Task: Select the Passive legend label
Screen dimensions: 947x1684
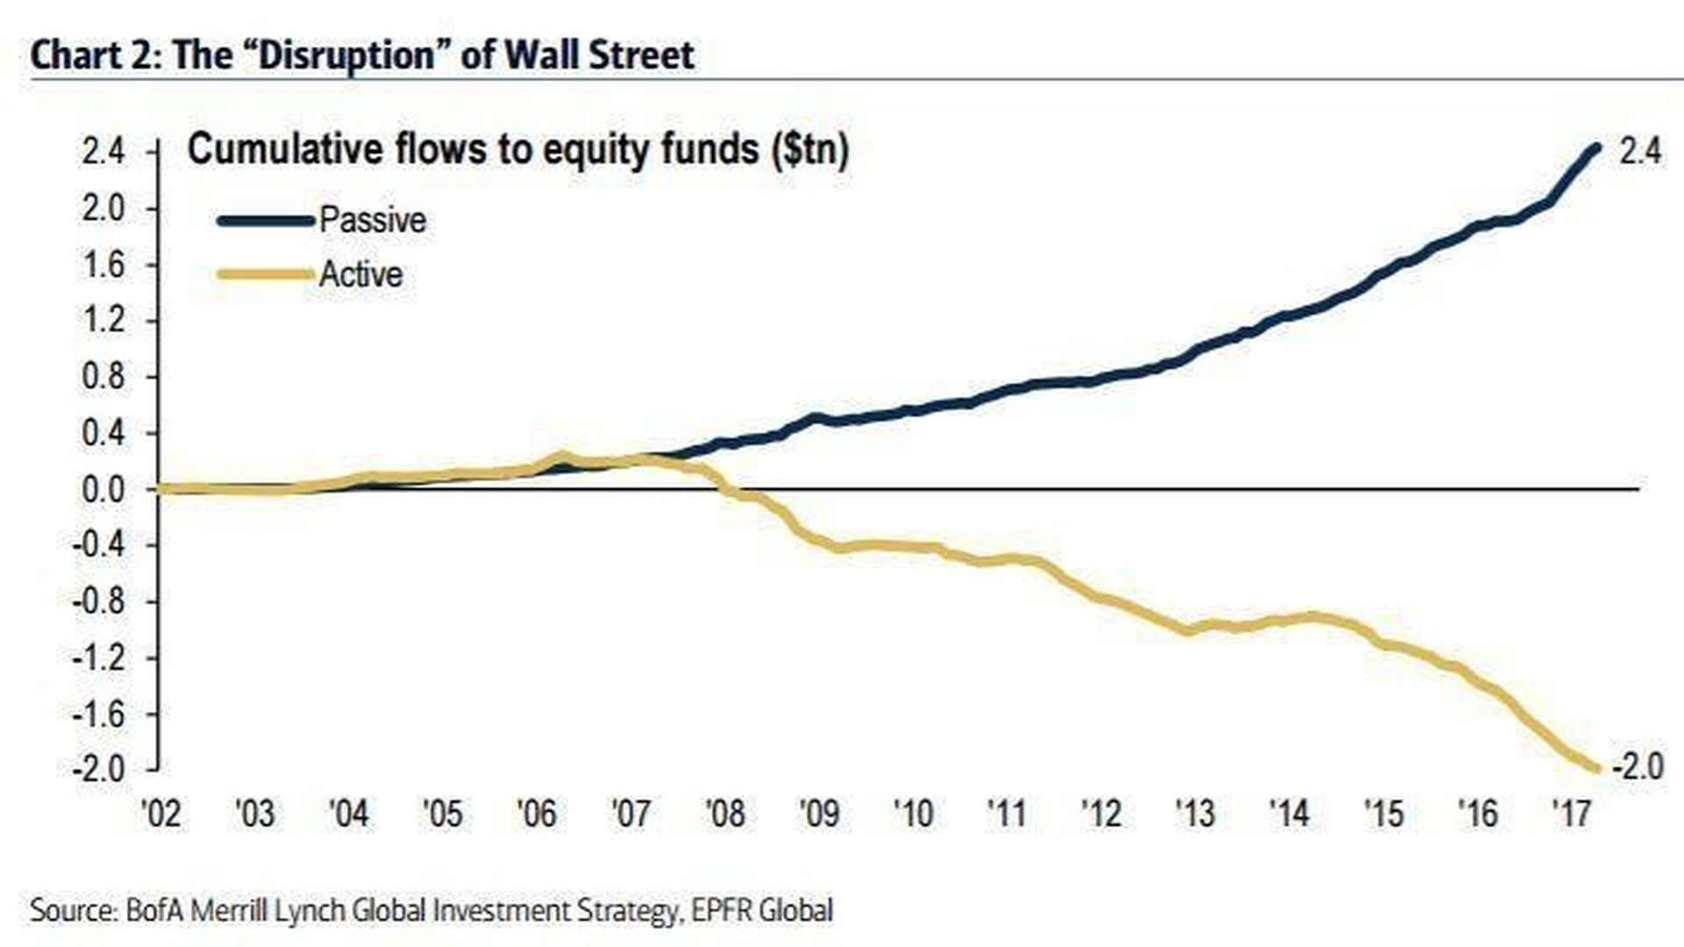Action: point(373,220)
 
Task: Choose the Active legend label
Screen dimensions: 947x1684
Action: point(360,274)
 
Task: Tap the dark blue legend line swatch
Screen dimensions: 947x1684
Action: point(265,221)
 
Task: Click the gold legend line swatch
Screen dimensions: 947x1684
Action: point(265,275)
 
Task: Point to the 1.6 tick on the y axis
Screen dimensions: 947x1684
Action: point(104,265)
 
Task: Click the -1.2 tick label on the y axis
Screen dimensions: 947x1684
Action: point(101,658)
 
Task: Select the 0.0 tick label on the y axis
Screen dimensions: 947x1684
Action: point(104,489)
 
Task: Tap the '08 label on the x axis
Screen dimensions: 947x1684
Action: point(724,814)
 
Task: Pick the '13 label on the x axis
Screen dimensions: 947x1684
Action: point(1195,814)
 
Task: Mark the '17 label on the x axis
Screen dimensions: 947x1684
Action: point(1571,814)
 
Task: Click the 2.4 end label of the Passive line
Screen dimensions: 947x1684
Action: point(1639,152)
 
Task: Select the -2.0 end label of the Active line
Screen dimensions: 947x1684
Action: point(1637,767)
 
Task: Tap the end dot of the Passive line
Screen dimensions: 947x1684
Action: point(1596,149)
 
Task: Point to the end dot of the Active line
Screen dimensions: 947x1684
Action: point(1596,769)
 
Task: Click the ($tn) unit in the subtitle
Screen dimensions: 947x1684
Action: point(810,150)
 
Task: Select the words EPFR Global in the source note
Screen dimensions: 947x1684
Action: point(761,910)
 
